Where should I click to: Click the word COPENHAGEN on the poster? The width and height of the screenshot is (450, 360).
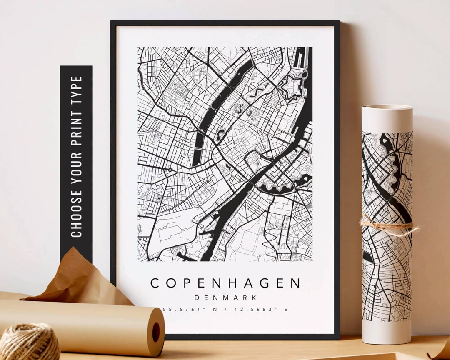(225, 283)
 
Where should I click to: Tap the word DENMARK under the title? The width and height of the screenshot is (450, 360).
(225, 297)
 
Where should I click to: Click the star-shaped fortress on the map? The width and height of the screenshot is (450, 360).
(290, 86)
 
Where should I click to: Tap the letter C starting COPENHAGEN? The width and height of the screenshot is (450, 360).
(155, 283)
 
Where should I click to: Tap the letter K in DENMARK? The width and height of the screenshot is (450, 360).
(253, 297)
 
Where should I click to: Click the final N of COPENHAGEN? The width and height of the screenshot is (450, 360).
(295, 283)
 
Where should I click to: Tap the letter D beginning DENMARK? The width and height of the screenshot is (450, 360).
(197, 297)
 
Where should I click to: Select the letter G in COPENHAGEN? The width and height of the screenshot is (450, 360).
(265, 283)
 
